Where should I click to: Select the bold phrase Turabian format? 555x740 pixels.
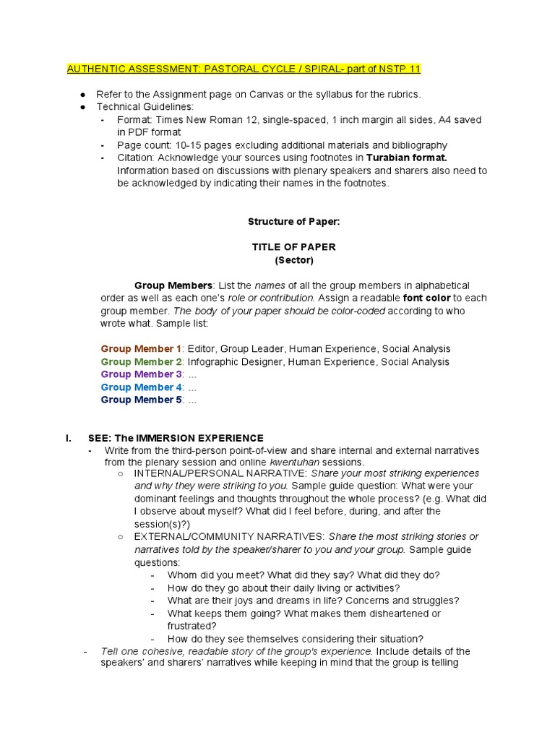407,158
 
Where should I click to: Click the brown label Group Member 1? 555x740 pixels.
141,348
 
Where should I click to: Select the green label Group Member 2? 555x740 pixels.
141,361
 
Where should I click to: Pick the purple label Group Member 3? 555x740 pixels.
141,374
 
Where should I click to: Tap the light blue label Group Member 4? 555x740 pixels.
141,387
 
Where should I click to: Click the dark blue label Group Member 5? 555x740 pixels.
141,400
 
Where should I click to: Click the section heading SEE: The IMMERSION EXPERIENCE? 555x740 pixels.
176,438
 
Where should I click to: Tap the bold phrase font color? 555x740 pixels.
426,298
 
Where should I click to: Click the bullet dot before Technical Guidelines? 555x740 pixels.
83,107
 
